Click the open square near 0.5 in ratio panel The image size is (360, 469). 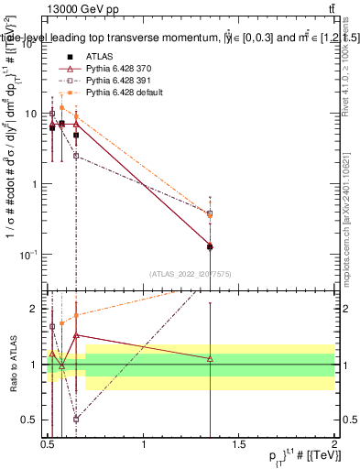[x=52, y=325]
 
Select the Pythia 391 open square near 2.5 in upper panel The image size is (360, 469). [x=76, y=156]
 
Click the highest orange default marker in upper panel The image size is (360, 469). [x=61, y=107]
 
